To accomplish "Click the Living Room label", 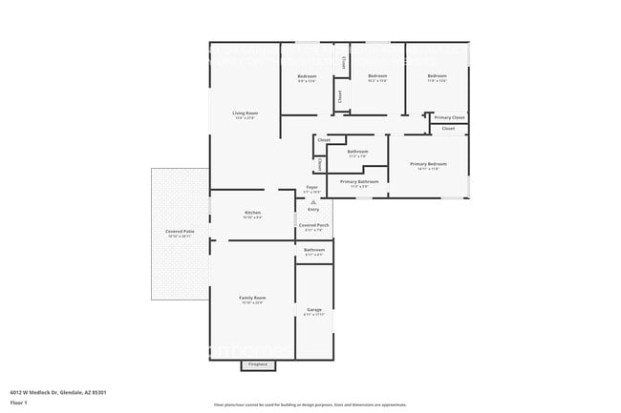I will coord(246,114).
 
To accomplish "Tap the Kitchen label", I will coord(252,213).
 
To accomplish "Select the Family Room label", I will coord(252,299).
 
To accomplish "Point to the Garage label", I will coord(314,310).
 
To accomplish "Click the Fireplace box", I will coord(257,364).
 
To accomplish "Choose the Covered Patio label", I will coord(180,232).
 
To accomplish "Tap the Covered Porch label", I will coord(314,225).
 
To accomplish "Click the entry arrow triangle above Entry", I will coord(312,202).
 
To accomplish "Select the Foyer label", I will coord(311,188).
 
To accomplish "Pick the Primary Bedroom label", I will coord(428,165).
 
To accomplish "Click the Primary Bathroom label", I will coord(359,181).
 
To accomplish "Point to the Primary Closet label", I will coord(449,117).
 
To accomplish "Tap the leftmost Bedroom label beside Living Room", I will coord(307,76).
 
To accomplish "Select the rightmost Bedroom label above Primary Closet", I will coord(437,76).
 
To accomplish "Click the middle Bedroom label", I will coord(377,76).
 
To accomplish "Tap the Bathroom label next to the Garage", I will coord(314,250).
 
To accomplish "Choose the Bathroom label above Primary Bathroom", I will coord(358,152).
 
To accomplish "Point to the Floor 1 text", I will coord(20,403).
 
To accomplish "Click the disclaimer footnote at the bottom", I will coord(310,405).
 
